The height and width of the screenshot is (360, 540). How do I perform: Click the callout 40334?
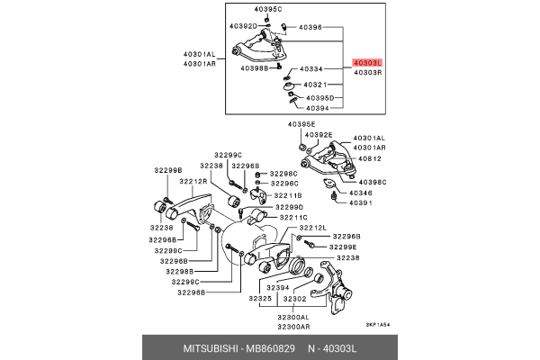click(x=311, y=69)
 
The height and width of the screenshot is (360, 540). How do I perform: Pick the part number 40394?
click(x=319, y=108)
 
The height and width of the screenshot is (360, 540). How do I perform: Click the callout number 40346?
click(x=361, y=193)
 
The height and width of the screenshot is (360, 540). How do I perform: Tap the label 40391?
click(x=361, y=202)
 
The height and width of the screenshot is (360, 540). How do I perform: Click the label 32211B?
click(x=289, y=194)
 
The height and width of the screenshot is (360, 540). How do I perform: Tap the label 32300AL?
click(x=293, y=318)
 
